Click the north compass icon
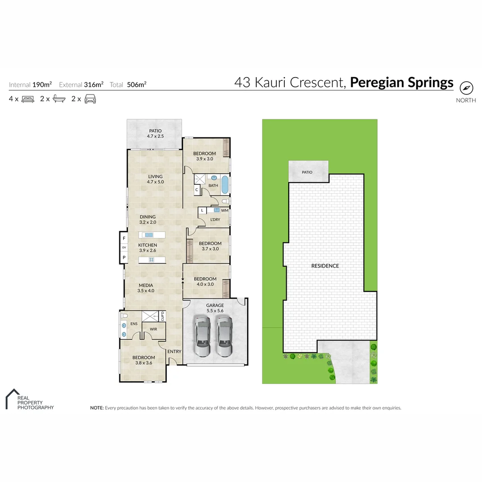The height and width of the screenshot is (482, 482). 466,88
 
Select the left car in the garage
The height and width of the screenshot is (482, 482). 202,337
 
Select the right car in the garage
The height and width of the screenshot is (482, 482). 224,337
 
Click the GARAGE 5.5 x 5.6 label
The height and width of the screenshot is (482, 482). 215,308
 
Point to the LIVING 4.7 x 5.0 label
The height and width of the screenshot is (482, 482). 155,179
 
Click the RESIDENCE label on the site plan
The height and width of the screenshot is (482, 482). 325,266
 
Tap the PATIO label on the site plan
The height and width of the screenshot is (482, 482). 307,172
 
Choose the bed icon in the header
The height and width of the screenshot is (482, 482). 28,99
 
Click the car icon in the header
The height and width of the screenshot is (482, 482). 90,99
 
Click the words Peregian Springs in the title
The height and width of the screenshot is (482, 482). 402,83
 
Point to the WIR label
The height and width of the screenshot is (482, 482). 153,329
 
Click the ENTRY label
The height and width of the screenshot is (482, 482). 174,352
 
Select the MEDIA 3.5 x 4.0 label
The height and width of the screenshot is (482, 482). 145,288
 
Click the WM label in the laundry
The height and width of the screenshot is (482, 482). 224,210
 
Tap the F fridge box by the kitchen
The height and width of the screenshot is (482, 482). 124,238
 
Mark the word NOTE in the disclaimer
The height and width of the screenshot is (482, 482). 96,408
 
